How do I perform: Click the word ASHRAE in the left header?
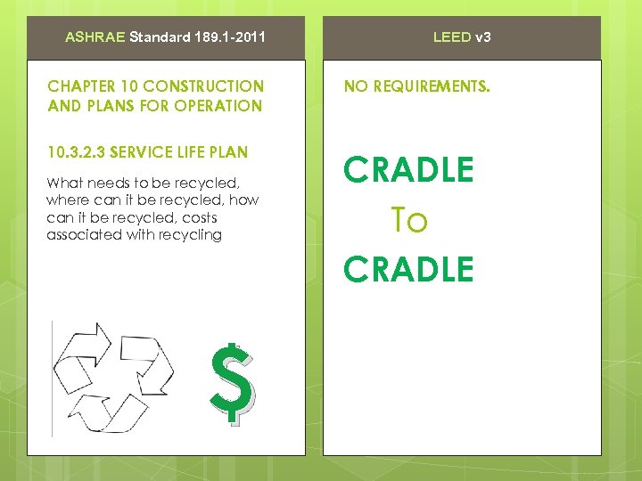click(x=96, y=37)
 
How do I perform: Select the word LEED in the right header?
click(x=452, y=37)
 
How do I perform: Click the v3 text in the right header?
click(x=482, y=37)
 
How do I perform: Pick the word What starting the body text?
click(x=63, y=183)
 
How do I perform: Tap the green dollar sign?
click(x=233, y=381)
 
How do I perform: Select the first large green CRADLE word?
click(x=409, y=170)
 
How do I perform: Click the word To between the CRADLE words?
click(x=409, y=220)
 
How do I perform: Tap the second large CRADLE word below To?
click(x=409, y=269)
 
